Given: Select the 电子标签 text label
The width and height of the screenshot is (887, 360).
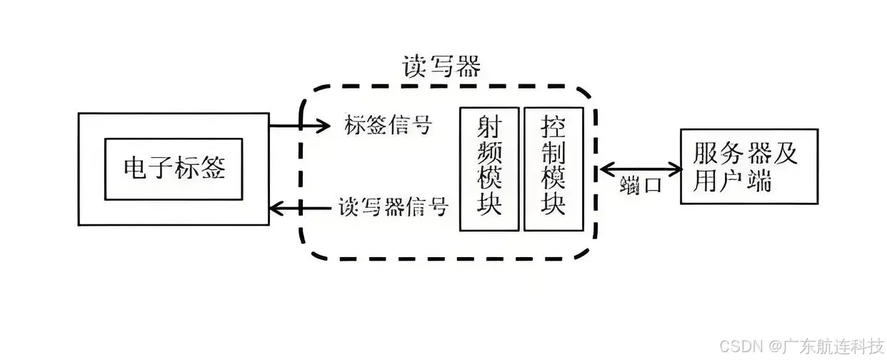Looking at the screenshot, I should pyautogui.click(x=174, y=169).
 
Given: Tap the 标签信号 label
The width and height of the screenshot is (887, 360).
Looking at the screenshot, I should pyautogui.click(x=388, y=125).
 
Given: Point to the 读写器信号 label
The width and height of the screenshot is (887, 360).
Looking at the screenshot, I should pyautogui.click(x=394, y=208).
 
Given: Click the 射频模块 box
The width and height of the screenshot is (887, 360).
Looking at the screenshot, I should pyautogui.click(x=488, y=169).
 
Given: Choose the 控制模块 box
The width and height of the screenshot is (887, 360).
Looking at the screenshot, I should pyautogui.click(x=553, y=169).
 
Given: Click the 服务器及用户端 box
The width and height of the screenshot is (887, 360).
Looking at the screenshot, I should pyautogui.click(x=748, y=166).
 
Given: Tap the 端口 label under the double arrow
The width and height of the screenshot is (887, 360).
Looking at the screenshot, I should pyautogui.click(x=641, y=184).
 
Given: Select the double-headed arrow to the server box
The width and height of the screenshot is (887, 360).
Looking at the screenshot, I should pyautogui.click(x=641, y=169).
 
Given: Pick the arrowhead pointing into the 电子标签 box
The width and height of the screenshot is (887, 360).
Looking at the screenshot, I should pyautogui.click(x=276, y=209).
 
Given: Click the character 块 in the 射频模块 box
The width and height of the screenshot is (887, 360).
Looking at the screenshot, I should pyautogui.click(x=489, y=206).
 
